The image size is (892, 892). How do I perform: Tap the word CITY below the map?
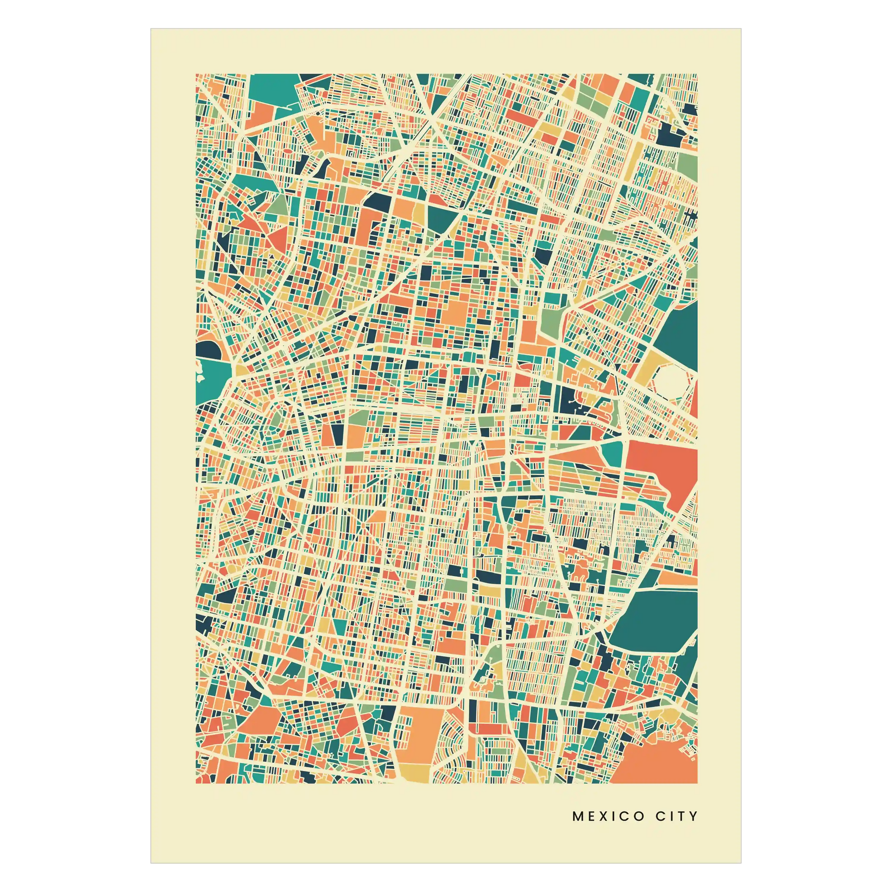click(676, 816)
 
